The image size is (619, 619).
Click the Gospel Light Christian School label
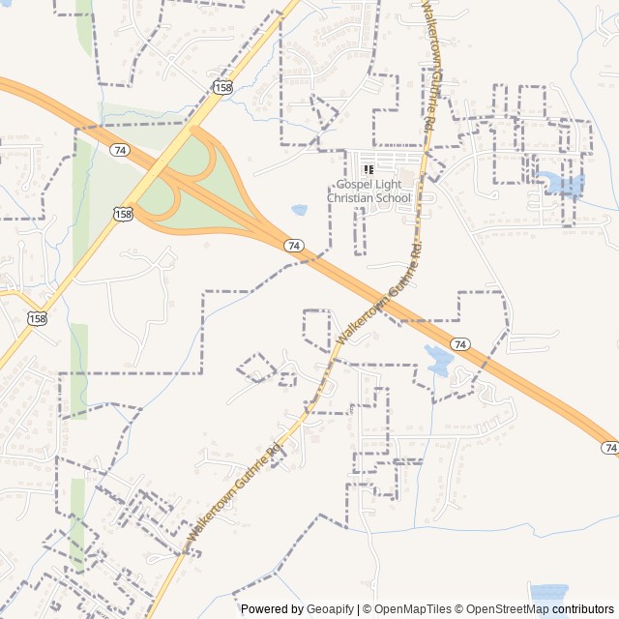[x=368, y=192]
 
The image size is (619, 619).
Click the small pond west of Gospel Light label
[x=299, y=209]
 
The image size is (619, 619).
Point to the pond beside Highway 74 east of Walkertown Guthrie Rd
[x=439, y=361]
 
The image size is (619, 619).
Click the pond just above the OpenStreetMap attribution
[x=548, y=591]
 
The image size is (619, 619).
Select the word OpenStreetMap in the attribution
[x=505, y=609]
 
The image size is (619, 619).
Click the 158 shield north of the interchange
[x=223, y=88]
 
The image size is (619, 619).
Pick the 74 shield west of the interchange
[x=120, y=150]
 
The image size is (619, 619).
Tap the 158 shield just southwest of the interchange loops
[x=123, y=213]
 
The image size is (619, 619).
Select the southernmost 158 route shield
[x=37, y=318]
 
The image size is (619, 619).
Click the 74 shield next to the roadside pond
[x=460, y=344]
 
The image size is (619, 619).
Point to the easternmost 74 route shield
[x=609, y=447]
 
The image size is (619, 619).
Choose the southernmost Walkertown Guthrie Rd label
[x=232, y=492]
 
